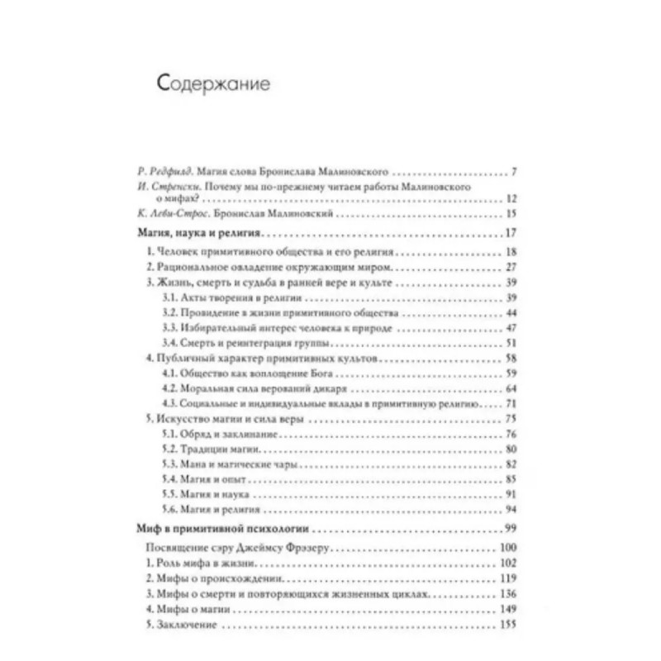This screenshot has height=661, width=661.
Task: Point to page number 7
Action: click(x=514, y=174)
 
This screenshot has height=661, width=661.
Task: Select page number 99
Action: click(x=510, y=528)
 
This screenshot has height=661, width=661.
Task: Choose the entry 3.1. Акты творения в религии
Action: click(x=220, y=297)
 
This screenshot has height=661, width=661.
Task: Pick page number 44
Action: click(x=510, y=313)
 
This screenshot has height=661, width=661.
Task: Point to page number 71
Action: click(x=511, y=405)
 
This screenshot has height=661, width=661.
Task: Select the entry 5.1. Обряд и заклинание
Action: click(x=217, y=435)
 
